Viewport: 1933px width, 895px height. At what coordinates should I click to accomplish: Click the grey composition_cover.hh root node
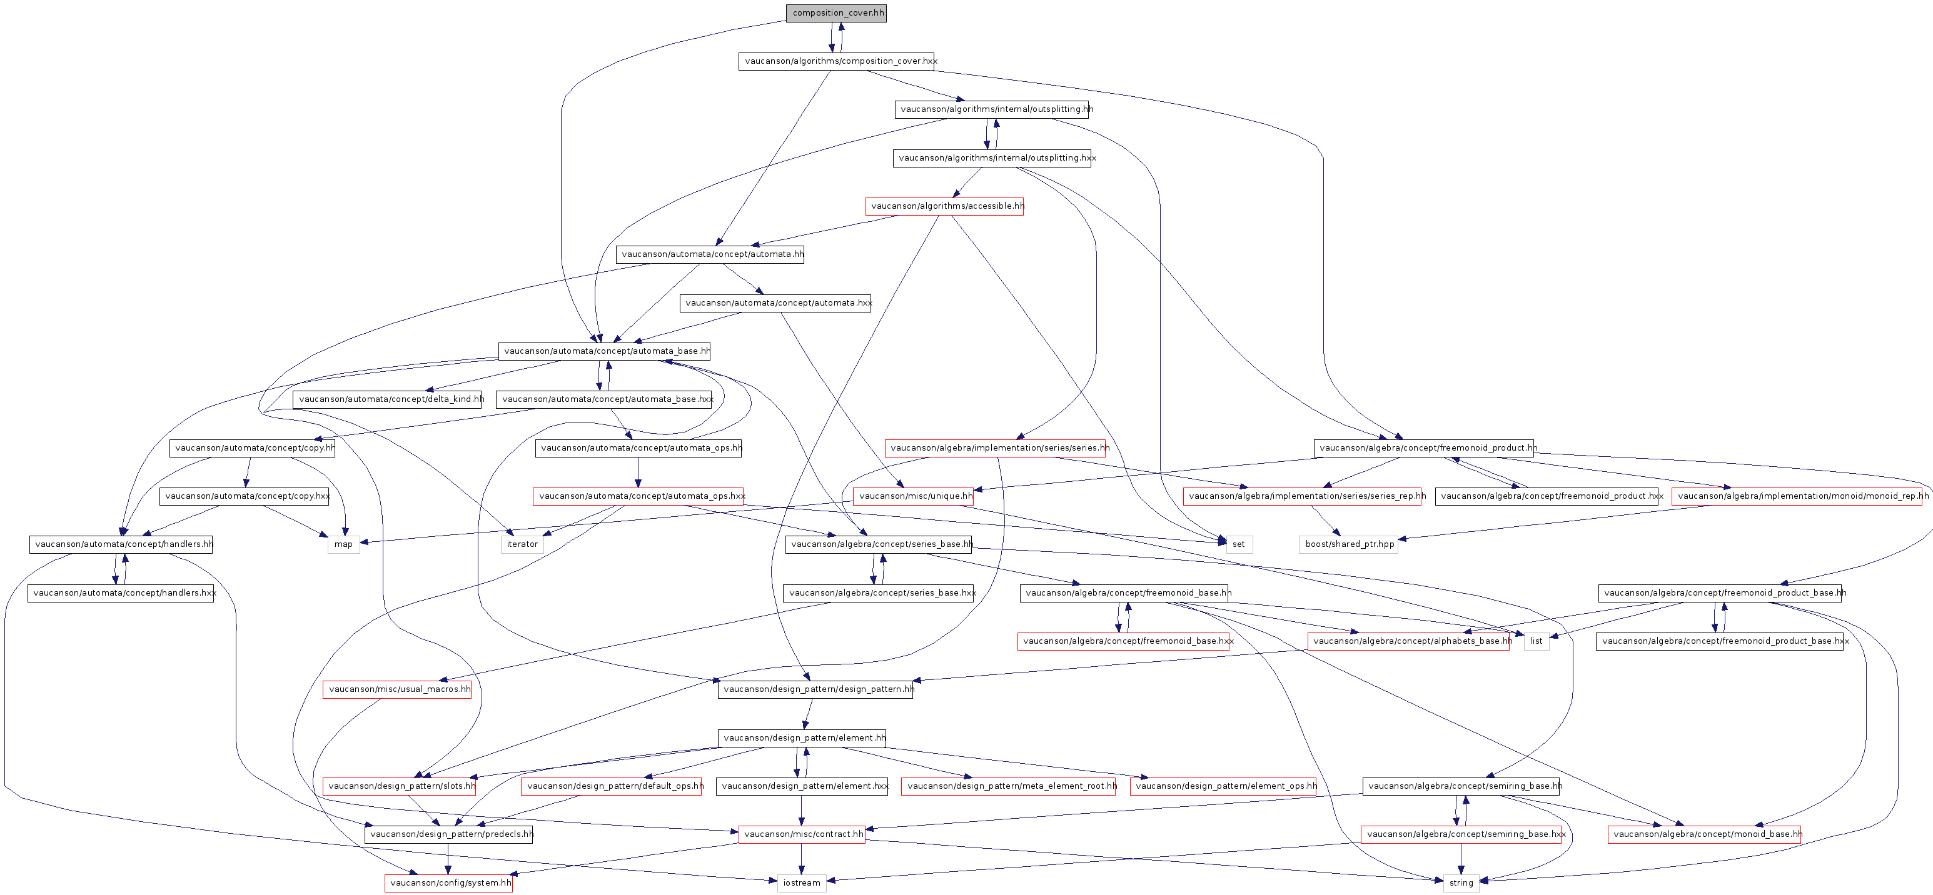836,12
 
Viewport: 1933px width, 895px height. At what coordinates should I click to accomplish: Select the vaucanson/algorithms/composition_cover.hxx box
836,61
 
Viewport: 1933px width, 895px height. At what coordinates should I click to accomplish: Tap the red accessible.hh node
944,206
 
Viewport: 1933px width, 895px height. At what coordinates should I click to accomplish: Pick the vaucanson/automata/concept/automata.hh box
710,254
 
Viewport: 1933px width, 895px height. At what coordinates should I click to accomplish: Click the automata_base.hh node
604,351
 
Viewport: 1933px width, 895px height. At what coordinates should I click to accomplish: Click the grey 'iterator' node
522,544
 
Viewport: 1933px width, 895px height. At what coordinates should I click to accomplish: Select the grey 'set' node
1238,544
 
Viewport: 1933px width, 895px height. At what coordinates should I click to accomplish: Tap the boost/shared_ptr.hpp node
1348,544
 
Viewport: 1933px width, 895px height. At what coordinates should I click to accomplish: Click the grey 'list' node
1536,641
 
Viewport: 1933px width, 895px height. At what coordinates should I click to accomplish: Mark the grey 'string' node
1460,883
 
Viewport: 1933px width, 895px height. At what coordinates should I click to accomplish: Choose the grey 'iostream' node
802,883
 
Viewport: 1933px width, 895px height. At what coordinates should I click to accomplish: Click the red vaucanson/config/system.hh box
449,883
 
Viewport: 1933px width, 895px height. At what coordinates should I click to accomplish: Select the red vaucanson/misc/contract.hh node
802,834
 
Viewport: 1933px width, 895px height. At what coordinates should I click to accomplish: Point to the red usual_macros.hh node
397,689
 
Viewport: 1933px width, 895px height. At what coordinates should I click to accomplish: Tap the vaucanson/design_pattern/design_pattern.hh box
815,689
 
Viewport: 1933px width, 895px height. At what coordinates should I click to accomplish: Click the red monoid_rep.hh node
1797,496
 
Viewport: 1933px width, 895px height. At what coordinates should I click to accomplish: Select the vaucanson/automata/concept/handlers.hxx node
121,592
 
